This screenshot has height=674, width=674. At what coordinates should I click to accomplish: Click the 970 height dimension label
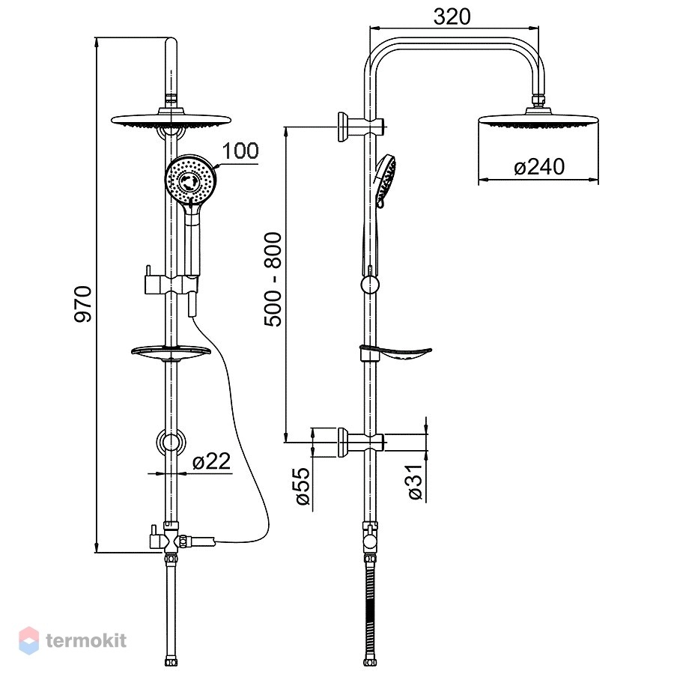[x=83, y=304]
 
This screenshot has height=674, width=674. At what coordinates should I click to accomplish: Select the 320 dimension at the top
[x=452, y=16]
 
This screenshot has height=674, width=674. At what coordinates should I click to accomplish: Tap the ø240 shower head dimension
[x=539, y=167]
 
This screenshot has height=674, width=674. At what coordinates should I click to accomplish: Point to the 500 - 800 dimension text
[x=273, y=279]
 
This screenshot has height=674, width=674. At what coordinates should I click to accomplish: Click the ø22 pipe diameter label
[x=211, y=461]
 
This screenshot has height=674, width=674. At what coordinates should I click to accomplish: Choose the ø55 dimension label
[x=303, y=486]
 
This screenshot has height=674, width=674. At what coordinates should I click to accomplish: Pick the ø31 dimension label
[x=416, y=482]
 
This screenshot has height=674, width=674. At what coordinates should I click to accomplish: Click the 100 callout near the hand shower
[x=240, y=151]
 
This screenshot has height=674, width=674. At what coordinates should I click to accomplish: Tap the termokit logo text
[x=86, y=640]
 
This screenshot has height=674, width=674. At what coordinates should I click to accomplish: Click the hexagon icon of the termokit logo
[x=28, y=640]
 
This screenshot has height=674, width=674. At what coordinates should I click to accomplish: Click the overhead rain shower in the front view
[x=171, y=120]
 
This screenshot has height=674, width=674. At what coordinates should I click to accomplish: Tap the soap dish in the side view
[x=395, y=353]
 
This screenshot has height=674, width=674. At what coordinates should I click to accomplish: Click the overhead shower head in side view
[x=538, y=118]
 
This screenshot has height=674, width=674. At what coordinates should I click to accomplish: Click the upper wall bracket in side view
[x=360, y=127]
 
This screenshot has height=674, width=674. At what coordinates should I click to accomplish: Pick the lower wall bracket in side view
[x=360, y=443]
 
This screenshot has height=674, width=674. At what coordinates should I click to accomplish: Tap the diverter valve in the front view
[x=172, y=538]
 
